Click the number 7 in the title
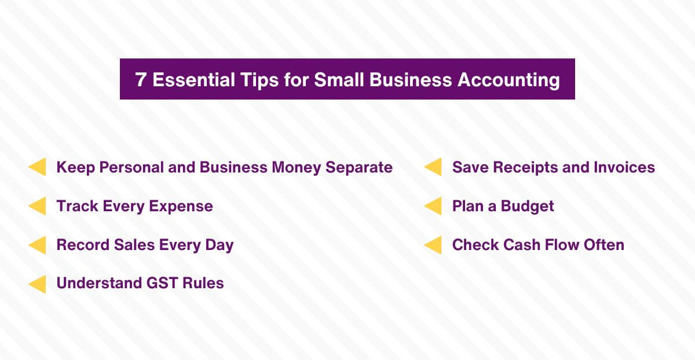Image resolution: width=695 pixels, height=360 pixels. point(141,79)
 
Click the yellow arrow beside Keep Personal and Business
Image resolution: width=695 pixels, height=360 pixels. point(38,167)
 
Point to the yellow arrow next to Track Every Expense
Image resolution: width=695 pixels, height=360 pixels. point(38,206)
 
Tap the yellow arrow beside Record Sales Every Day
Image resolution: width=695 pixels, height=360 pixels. point(38,245)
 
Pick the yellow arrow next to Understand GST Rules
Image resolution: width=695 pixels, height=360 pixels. point(38,284)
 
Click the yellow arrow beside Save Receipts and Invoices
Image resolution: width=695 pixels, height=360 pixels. point(433,167)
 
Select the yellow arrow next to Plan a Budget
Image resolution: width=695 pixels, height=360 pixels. point(433,206)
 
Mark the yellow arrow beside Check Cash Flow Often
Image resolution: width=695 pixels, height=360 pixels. point(433,245)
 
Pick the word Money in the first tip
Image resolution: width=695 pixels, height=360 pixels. point(297,167)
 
